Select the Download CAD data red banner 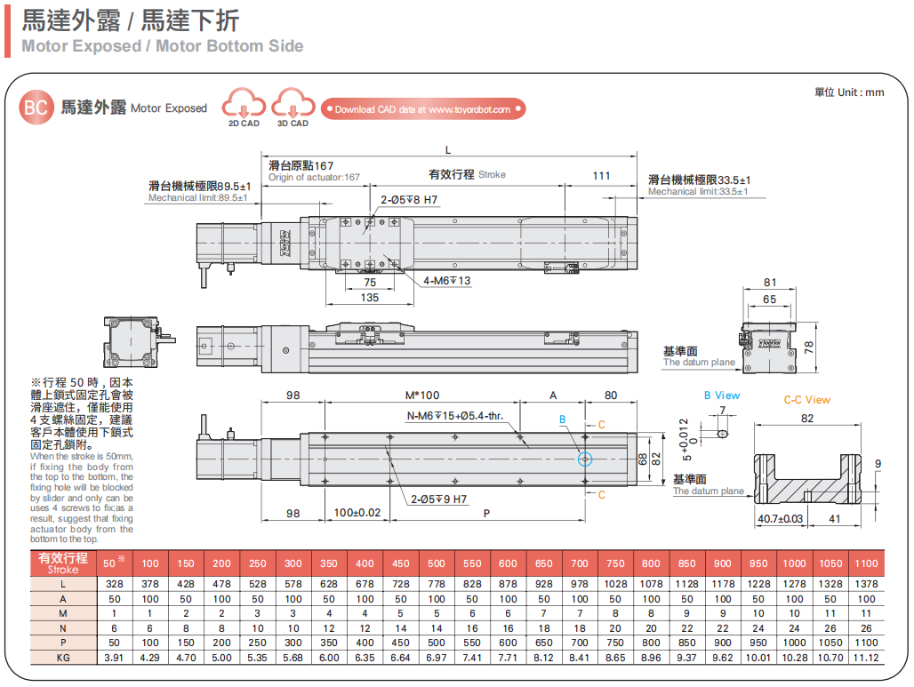tap(423, 109)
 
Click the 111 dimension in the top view tap(602, 175)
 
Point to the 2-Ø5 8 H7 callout tap(409, 200)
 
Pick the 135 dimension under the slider tap(370, 298)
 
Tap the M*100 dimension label tap(422, 395)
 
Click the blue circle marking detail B tap(584, 459)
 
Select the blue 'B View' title tap(721, 395)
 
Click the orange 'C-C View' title tap(806, 400)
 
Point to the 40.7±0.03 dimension tap(780, 518)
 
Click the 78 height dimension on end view tap(808, 347)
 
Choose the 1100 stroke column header tap(866, 563)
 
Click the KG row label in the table tap(62, 658)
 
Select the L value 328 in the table tap(113, 584)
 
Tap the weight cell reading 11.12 tap(866, 658)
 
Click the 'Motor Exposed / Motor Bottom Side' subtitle tap(162, 46)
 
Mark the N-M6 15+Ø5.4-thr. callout tap(455, 416)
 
